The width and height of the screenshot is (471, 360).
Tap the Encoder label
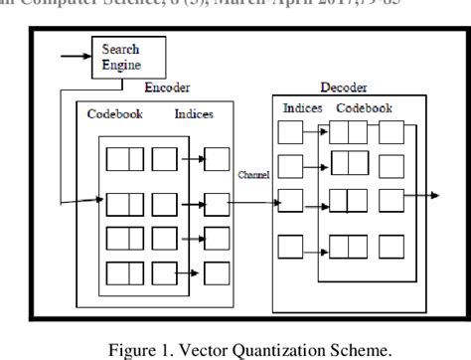tap(165, 88)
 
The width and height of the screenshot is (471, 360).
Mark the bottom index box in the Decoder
tap(291, 244)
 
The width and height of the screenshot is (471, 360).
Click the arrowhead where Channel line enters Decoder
tap(274, 204)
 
